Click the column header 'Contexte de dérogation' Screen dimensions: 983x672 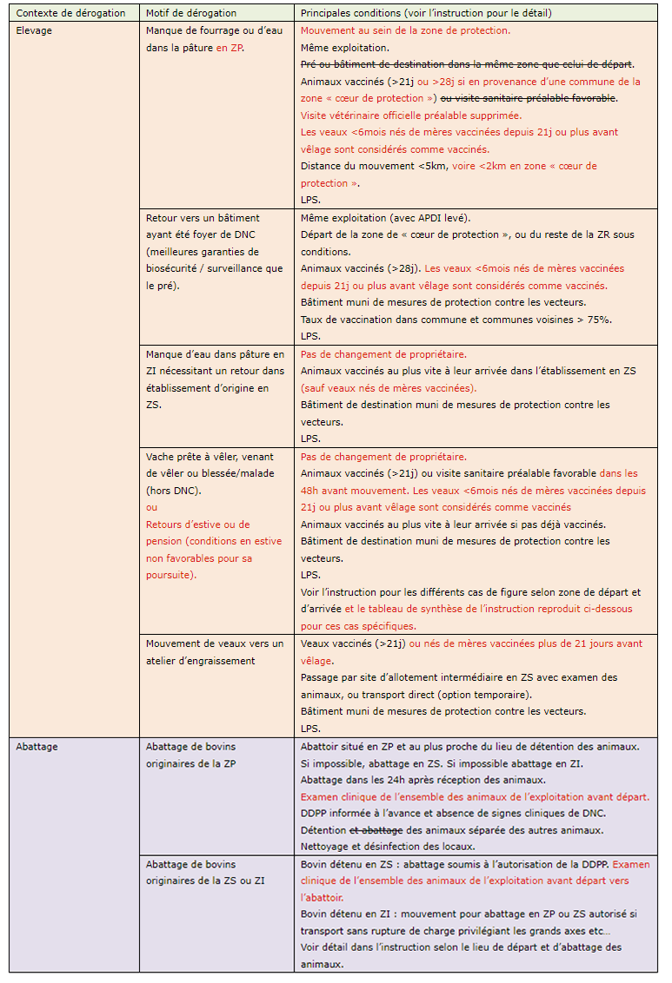pyautogui.click(x=71, y=13)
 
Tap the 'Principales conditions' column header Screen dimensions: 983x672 pyautogui.click(x=426, y=13)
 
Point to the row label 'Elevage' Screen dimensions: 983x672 pyautogui.click(x=34, y=30)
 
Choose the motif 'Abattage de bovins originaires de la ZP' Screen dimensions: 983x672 pyautogui.click(x=190, y=754)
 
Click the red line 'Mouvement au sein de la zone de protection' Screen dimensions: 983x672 pyautogui.click(x=405, y=30)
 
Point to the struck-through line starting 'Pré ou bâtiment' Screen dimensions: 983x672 pyautogui.click(x=467, y=64)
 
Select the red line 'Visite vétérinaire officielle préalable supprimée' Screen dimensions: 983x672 pyautogui.click(x=410, y=115)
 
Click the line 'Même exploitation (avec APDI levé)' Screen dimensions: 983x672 pyautogui.click(x=397, y=217)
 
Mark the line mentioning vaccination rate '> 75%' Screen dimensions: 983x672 pyautogui.click(x=456, y=320)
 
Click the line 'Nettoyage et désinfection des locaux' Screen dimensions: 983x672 pyautogui.click(x=389, y=847)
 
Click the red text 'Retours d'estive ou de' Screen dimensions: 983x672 pyautogui.click(x=197, y=524)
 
